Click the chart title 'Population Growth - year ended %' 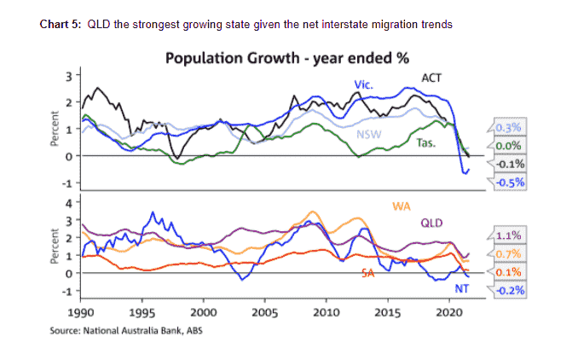[x=286, y=58]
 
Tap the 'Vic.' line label [x=364, y=84]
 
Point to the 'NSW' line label [x=367, y=135]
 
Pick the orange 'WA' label [x=402, y=206]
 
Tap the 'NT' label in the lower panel [x=462, y=289]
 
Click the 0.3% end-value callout [x=508, y=129]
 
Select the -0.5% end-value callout [x=508, y=182]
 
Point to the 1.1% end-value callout [x=508, y=235]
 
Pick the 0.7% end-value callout [x=508, y=253]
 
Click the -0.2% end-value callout [x=508, y=290]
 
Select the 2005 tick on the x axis [x=265, y=312]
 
